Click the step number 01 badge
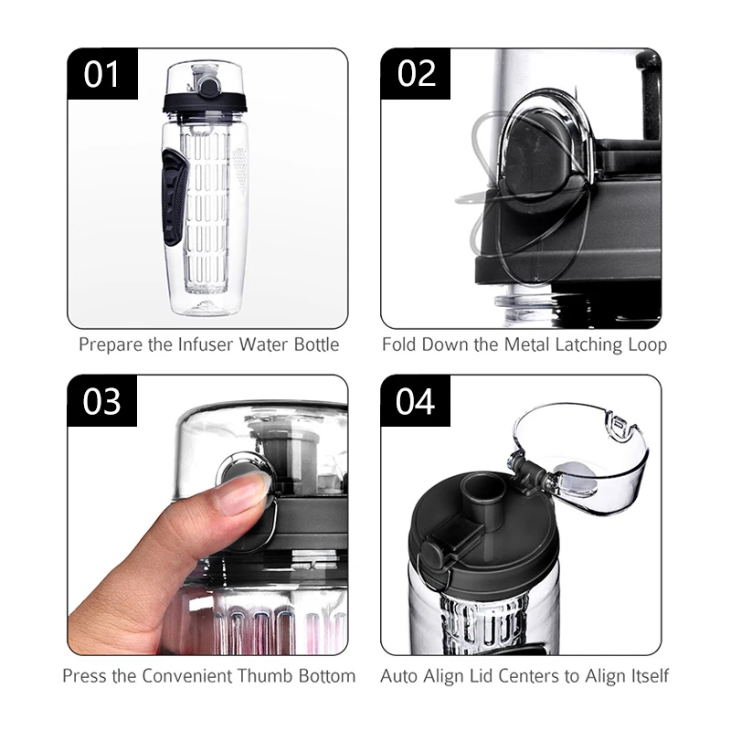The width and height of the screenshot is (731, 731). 102,74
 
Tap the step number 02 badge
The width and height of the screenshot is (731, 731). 416,74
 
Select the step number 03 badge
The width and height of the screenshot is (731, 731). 102,401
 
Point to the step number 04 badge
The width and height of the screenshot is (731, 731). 416,401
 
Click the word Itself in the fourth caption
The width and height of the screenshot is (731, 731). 651,675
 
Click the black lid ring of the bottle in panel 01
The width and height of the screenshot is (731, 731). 205,103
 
